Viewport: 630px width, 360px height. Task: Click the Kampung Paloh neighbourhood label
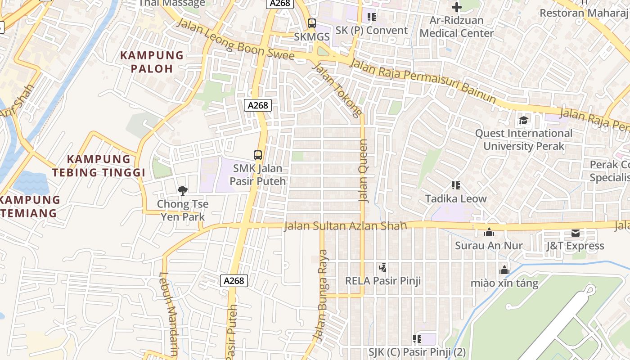152,62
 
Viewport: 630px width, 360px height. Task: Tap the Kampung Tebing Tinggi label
99,166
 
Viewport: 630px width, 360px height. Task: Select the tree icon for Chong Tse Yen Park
182,191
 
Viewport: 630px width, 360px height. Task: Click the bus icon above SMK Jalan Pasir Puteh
258,155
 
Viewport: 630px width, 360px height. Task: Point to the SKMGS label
312,36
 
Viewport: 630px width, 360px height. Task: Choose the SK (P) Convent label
372,30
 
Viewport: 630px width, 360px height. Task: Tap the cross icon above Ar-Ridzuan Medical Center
457,7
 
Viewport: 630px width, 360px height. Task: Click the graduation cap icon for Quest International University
523,120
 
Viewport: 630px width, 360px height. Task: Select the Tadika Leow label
456,198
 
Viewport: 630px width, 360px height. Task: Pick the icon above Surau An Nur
489,232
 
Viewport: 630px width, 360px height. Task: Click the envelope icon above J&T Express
575,233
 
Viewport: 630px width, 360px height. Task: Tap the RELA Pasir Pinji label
383,281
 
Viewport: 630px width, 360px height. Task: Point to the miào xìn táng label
504,283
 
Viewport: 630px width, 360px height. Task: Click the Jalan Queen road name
363,171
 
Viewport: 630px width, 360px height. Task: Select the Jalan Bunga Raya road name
322,295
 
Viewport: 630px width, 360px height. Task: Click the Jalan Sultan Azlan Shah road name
345,225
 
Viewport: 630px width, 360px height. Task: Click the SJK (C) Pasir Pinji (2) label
417,351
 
